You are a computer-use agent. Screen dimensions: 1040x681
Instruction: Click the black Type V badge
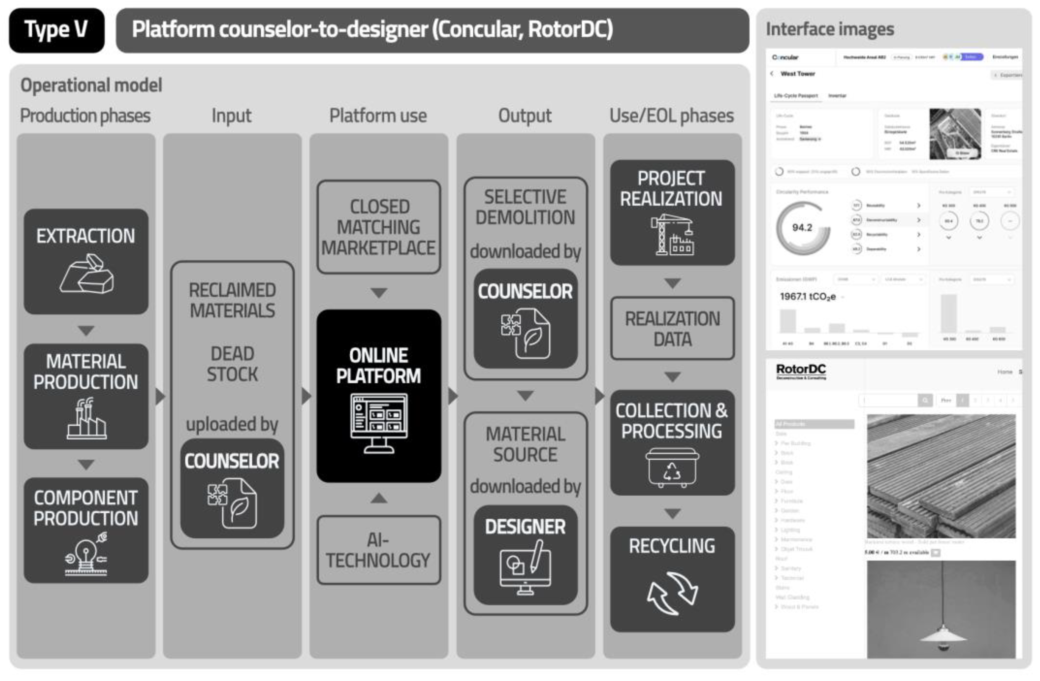(57, 30)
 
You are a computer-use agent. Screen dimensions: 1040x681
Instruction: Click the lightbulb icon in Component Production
(86, 554)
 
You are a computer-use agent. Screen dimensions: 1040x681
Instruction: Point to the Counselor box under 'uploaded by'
(232, 488)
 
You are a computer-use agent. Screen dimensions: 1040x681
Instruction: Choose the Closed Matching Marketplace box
(378, 227)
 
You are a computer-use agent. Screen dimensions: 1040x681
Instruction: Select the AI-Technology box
(378, 550)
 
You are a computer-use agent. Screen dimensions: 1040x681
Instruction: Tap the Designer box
(525, 555)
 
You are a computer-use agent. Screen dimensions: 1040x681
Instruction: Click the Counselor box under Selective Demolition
(525, 318)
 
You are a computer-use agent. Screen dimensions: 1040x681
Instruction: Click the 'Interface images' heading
(829, 29)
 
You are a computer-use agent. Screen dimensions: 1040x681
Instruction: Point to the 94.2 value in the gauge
(802, 228)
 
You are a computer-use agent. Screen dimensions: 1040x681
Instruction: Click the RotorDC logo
(800, 370)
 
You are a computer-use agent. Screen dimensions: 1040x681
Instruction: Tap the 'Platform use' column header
(378, 116)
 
